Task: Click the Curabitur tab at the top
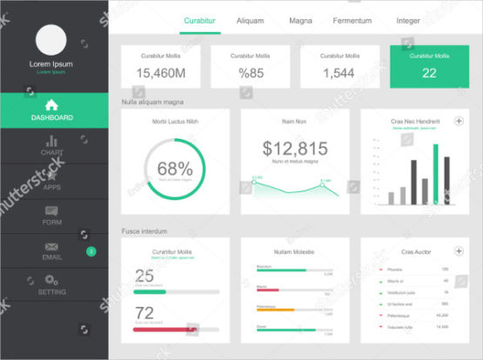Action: pyautogui.click(x=200, y=20)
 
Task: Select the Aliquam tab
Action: pyautogui.click(x=250, y=20)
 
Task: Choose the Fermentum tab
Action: pyautogui.click(x=352, y=20)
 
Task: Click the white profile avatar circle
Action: pyautogui.click(x=51, y=40)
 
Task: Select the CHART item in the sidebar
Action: pyautogui.click(x=52, y=145)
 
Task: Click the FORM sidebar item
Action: pyautogui.click(x=52, y=215)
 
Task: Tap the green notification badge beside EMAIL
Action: pyautogui.click(x=91, y=251)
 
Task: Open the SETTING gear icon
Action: pyautogui.click(x=51, y=280)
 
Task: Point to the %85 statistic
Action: pyautogui.click(x=252, y=73)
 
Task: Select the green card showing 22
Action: pyautogui.click(x=429, y=66)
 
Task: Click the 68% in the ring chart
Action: pyautogui.click(x=175, y=168)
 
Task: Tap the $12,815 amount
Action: pyautogui.click(x=295, y=148)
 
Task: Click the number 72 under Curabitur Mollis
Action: pyautogui.click(x=144, y=312)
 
